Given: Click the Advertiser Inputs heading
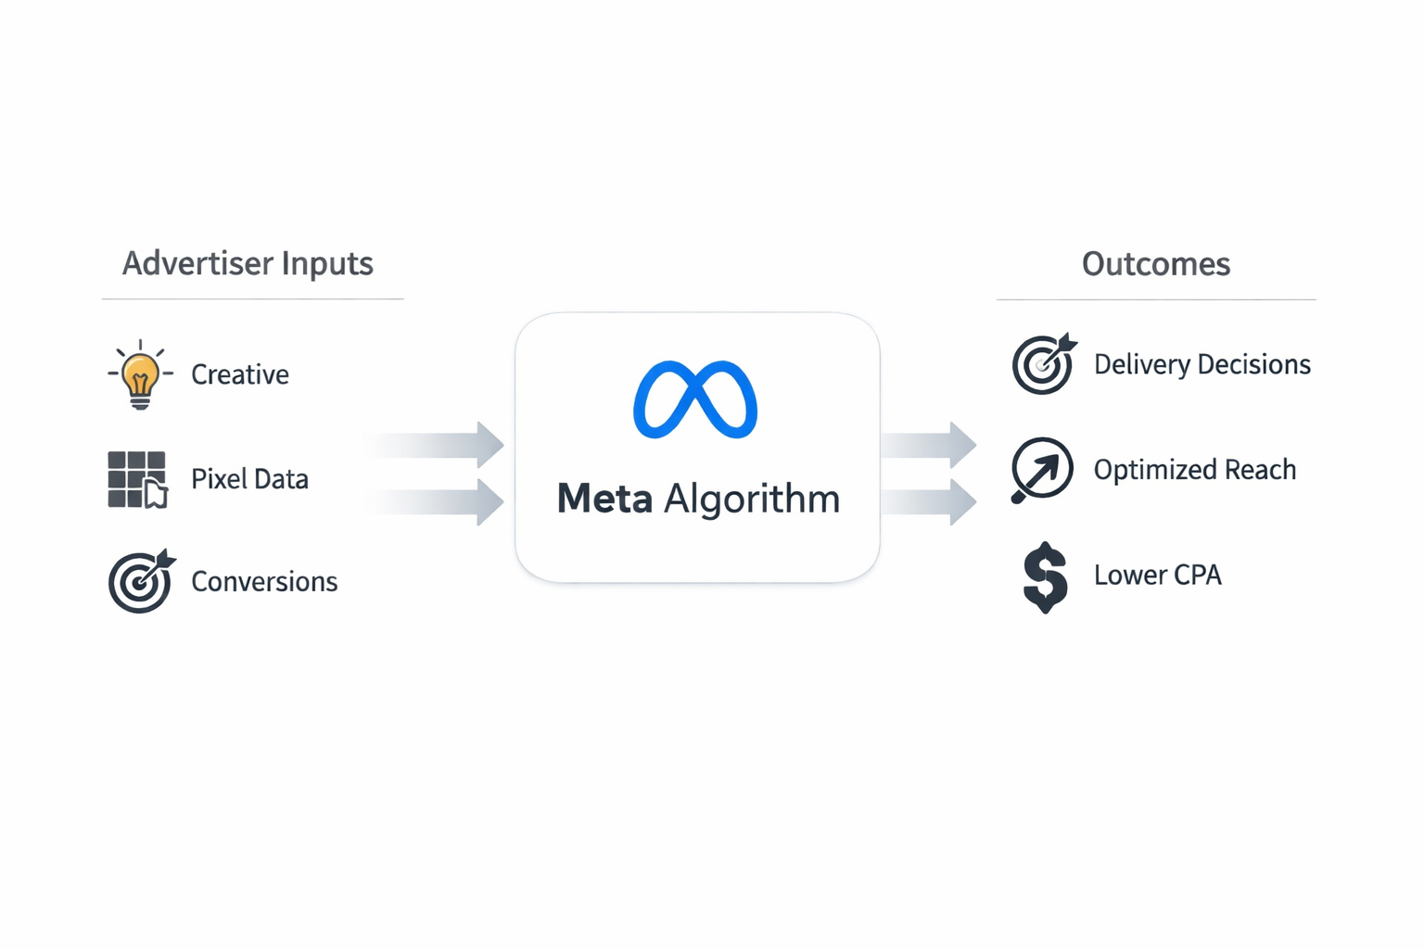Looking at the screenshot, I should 248,264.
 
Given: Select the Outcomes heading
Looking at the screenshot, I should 1155,264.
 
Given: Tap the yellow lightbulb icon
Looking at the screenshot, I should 140,374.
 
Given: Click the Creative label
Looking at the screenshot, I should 240,374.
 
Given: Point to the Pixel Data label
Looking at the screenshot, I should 249,479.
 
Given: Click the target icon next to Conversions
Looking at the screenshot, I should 140,581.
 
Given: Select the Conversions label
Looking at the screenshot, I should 264,581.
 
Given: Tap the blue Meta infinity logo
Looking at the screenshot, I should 695,399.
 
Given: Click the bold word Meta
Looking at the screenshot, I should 604,499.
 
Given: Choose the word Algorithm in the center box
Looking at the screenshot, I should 752,499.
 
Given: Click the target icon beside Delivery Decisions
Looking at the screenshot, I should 1043,364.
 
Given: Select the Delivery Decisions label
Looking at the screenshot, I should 1201,364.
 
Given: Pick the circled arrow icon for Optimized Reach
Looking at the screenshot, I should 1042,470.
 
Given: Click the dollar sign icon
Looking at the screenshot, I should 1045,576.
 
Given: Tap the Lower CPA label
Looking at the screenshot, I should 1157,576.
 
